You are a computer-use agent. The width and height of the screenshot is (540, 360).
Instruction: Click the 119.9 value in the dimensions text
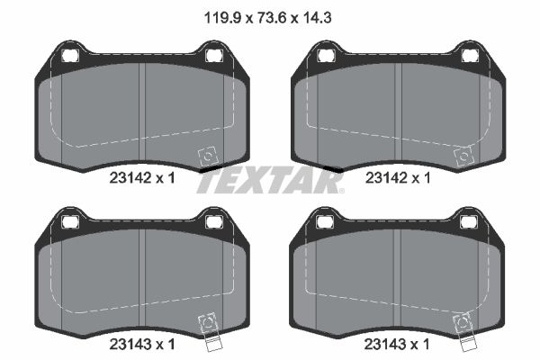pos(222,18)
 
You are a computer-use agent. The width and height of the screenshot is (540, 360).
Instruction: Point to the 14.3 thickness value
pos(317,18)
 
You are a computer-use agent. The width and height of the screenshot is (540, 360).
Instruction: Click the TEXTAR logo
pos(270,182)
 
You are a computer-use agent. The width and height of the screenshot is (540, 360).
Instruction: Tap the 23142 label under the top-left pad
pos(130,178)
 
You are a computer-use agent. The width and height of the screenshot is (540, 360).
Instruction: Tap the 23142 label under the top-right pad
pos(386,178)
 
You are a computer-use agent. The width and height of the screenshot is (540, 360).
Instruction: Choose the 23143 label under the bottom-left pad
pos(130,344)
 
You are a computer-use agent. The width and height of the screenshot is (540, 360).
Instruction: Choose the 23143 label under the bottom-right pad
pos(385,344)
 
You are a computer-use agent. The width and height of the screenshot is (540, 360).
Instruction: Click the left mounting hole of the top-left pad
pos(70,55)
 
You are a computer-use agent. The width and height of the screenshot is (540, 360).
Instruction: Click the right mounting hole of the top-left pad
pos(214,55)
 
